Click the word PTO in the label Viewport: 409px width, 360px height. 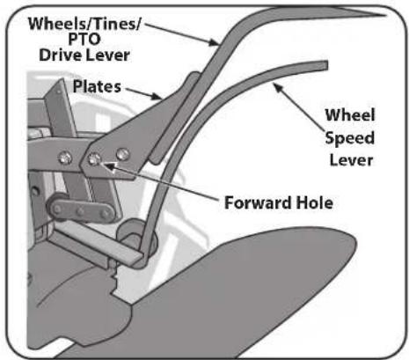coord(84,40)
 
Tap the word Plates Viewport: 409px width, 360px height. coord(97,86)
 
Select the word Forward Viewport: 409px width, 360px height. coord(258,202)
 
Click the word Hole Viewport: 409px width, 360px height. coord(314,202)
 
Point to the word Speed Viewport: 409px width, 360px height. coord(350,138)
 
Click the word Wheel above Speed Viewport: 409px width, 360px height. coord(350,115)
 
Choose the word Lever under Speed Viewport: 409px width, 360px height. coord(351,160)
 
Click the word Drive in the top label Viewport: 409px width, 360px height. coord(60,55)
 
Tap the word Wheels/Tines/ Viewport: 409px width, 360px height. coord(84,23)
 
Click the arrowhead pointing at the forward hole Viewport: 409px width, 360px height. coord(109,167)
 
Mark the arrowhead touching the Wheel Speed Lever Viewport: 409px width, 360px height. coord(277,88)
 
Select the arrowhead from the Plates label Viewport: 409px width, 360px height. coord(157,96)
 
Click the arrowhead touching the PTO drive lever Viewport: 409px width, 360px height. coord(214,43)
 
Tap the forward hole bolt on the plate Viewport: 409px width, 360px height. coord(94,159)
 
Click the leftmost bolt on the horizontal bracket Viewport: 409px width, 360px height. coord(65,158)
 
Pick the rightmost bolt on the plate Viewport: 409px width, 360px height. coord(122,154)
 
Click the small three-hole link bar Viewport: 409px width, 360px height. coord(81,209)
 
